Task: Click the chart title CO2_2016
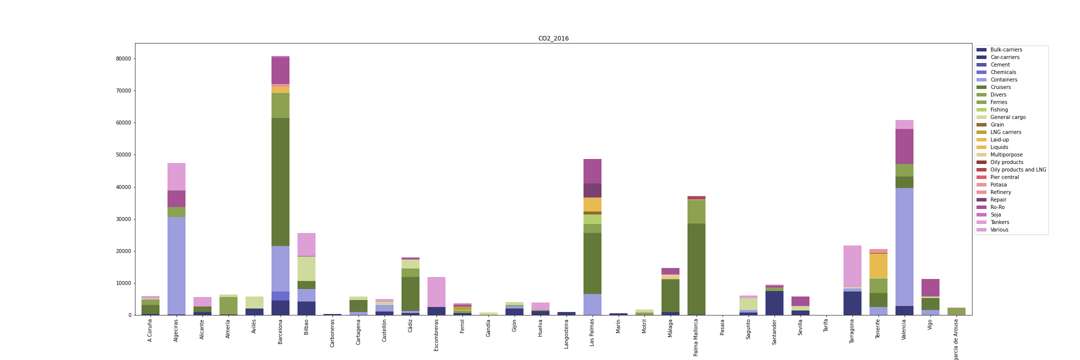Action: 553,38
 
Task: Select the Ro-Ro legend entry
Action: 997,207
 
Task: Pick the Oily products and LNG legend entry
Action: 1018,170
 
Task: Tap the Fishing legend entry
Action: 999,110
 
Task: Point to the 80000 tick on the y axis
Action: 123,58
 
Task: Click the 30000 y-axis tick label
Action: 123,219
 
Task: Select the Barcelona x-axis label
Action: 280,332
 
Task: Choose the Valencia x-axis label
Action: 904,330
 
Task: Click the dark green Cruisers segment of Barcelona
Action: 280,182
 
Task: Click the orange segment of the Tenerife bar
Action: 878,266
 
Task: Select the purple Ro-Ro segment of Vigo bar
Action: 930,288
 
